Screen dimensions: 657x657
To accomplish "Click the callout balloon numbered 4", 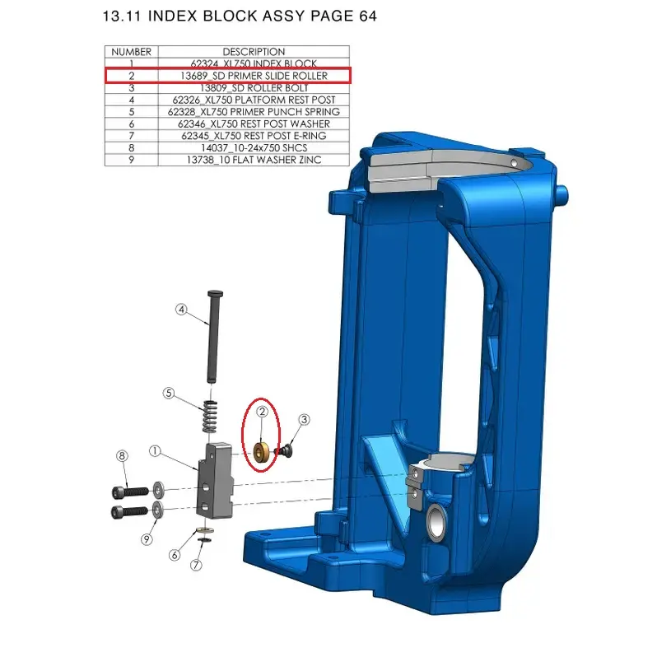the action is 181,310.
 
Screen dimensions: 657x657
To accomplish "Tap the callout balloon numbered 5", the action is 169,393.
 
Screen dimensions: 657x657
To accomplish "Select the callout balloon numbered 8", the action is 122,456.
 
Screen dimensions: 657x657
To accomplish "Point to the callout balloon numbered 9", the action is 147,539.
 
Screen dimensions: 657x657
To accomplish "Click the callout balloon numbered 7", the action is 196,566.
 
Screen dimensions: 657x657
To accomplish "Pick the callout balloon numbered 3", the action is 304,419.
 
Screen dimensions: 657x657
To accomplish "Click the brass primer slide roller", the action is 262,453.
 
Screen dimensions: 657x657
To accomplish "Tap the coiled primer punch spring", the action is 210,417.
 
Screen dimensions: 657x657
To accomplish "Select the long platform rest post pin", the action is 215,336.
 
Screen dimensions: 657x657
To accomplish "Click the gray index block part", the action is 215,481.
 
